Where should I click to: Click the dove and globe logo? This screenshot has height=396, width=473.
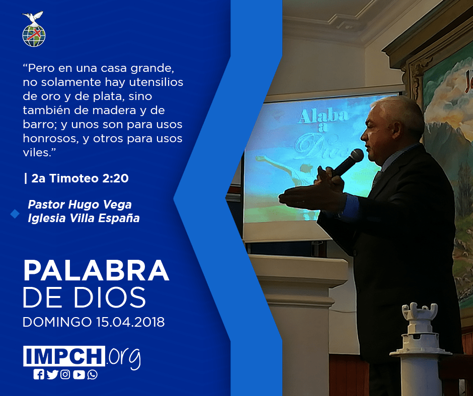click(34, 29)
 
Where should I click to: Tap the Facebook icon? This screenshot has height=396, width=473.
click(39, 374)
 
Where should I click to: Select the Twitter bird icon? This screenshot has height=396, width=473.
click(52, 374)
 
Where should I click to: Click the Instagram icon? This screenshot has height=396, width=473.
click(65, 374)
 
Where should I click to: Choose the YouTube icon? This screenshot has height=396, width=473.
click(78, 374)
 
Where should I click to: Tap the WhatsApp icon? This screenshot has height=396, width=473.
click(92, 374)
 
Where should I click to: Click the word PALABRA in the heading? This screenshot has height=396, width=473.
click(96, 271)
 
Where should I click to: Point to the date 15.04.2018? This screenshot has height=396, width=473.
click(131, 322)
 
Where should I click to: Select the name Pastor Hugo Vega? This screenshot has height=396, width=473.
click(80, 205)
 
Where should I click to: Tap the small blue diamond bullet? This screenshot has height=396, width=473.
click(15, 214)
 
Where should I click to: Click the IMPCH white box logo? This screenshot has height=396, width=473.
click(64, 356)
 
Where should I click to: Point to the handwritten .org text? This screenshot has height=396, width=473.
click(123, 358)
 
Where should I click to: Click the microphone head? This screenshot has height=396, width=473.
click(356, 156)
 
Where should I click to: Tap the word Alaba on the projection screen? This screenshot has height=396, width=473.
click(323, 116)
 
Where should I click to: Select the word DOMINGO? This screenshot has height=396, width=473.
click(57, 322)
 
